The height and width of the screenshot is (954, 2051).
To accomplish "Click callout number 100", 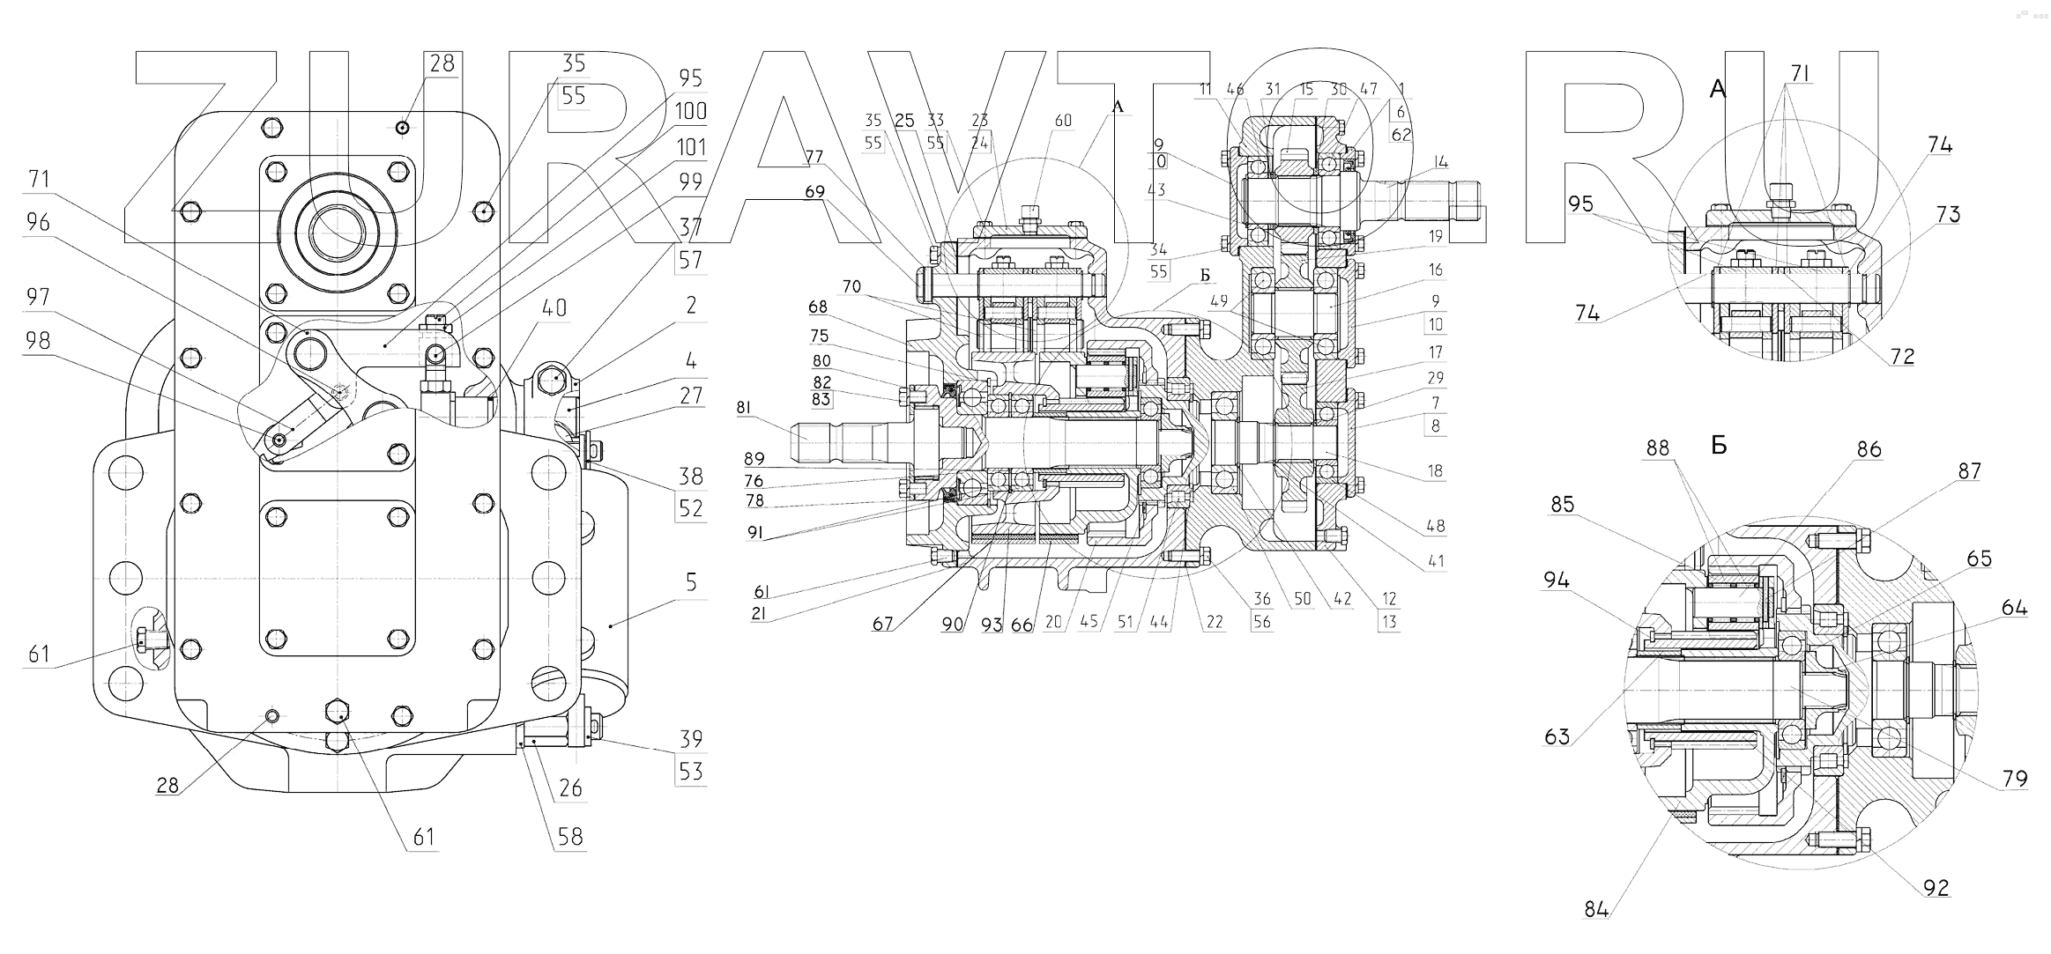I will (691, 112).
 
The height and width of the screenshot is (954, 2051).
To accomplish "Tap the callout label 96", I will (39, 223).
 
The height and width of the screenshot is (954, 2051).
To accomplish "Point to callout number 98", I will (39, 340).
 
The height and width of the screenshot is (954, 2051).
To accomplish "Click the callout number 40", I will (554, 308).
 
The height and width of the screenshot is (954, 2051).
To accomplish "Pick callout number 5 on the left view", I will (691, 582).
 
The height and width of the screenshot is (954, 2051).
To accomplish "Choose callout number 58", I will (570, 836).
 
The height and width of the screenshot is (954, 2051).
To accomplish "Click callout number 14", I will (1441, 162).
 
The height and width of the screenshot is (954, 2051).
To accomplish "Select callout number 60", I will (1064, 120).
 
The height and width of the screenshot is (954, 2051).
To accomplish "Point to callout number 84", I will (1596, 910).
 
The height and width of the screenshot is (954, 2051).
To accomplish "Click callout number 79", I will (2015, 779).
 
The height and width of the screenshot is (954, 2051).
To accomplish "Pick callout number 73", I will (1948, 215).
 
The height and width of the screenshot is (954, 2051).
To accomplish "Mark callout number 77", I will (814, 158).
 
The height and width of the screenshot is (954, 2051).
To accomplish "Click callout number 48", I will (1436, 526).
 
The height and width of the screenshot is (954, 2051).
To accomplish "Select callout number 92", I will (1936, 888).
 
